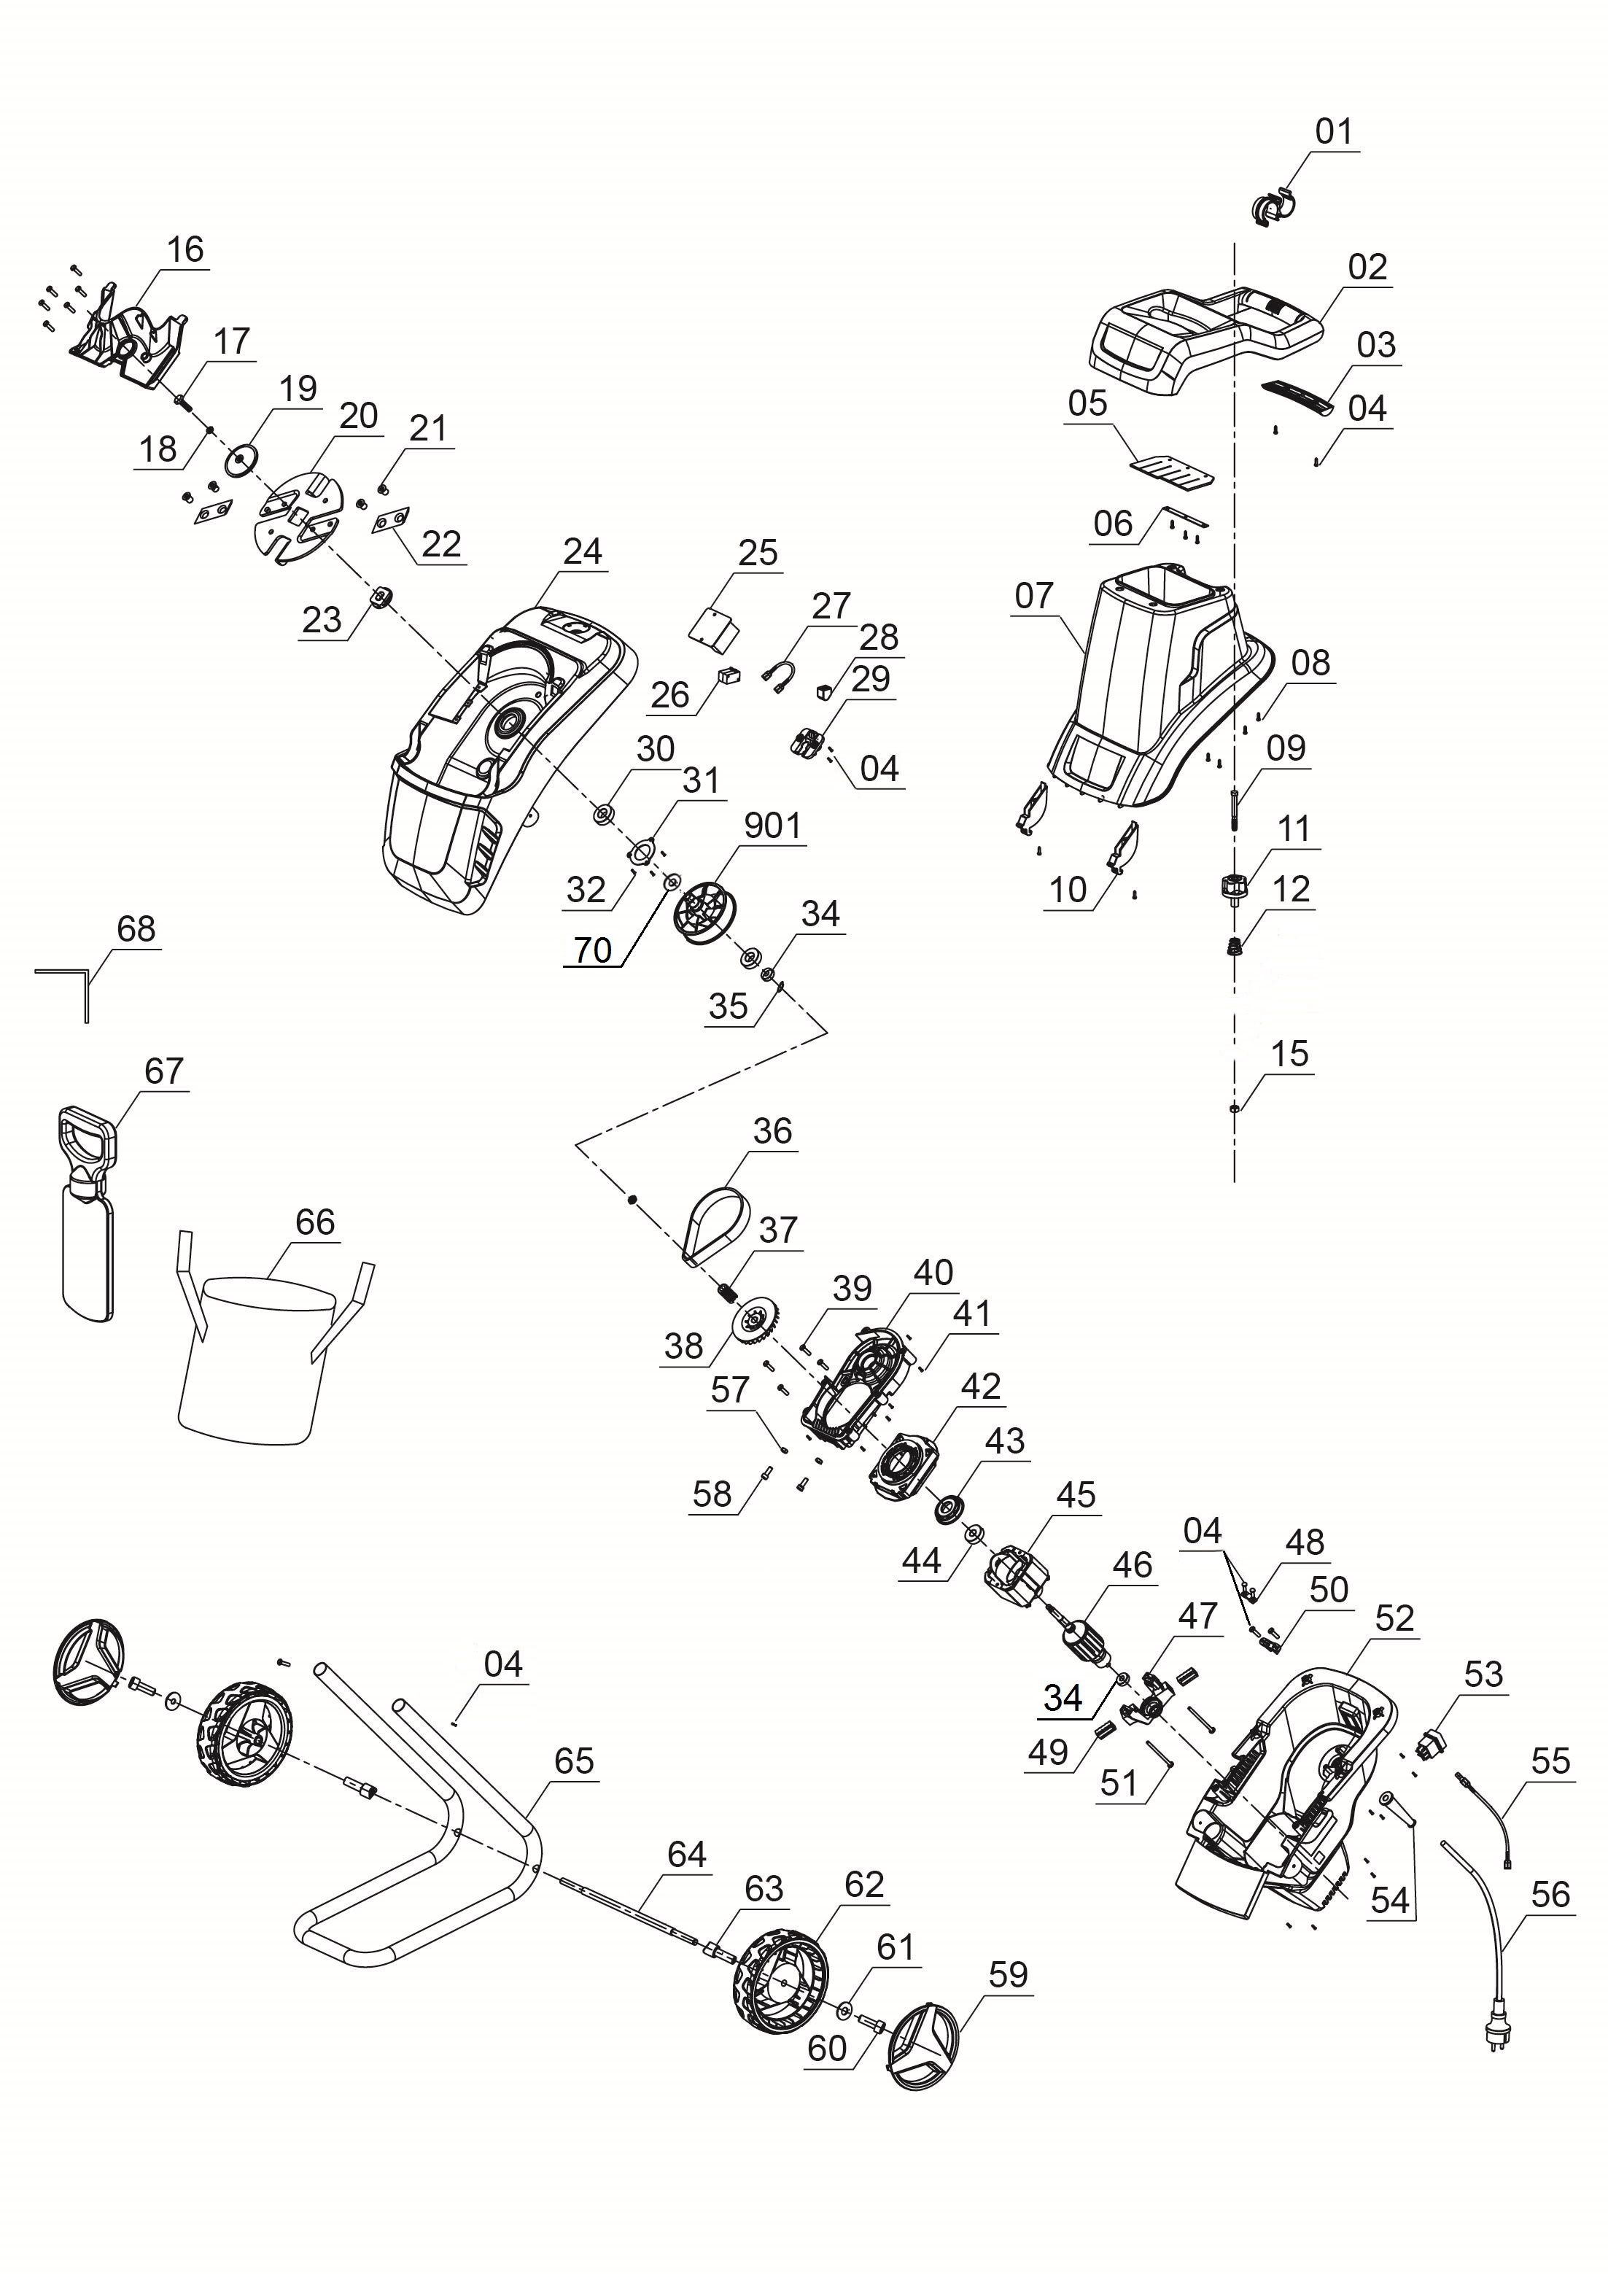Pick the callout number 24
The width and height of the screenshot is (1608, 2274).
[582, 551]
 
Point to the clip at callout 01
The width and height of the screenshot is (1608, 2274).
[1270, 206]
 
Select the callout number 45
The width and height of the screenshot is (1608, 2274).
[1076, 1494]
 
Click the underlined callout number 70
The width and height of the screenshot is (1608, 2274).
[593, 950]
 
